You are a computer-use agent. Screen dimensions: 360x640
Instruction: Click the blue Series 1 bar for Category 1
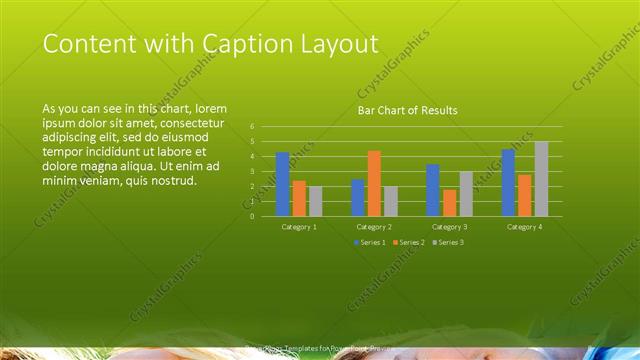click(283, 184)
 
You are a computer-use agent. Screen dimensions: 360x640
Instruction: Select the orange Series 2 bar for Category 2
click(374, 183)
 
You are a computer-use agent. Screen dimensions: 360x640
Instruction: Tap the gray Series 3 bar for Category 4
click(541, 178)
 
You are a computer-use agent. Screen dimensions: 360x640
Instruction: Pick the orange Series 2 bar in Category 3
click(450, 203)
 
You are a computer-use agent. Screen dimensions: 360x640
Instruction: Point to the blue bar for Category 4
click(508, 183)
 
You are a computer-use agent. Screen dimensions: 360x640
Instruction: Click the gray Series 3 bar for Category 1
click(316, 201)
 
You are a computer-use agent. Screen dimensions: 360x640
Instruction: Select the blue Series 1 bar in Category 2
click(358, 198)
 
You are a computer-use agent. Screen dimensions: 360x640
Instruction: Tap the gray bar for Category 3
click(466, 194)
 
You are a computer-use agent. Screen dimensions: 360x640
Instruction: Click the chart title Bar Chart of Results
click(407, 110)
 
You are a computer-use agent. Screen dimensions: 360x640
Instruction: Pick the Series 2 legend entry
click(408, 242)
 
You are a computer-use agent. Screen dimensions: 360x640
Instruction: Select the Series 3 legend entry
click(447, 242)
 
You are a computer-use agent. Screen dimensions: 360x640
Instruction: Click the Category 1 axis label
click(299, 227)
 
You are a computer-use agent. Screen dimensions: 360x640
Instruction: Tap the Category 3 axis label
click(450, 227)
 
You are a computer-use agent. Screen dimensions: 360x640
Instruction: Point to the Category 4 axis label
click(524, 227)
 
